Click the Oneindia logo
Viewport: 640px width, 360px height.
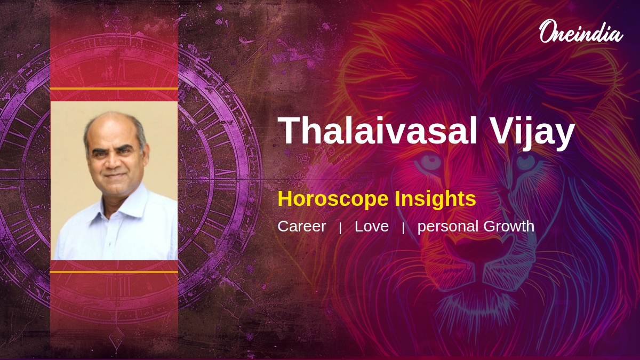581,31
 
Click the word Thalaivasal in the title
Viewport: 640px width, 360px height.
377,131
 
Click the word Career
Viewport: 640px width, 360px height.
302,227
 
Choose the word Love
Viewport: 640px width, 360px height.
372,227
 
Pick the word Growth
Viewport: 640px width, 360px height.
509,227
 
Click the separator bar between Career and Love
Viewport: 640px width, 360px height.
340,228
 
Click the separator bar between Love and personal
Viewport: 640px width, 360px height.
403,228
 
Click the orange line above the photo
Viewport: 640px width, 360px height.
114,89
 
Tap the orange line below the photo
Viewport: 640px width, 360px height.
114,272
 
